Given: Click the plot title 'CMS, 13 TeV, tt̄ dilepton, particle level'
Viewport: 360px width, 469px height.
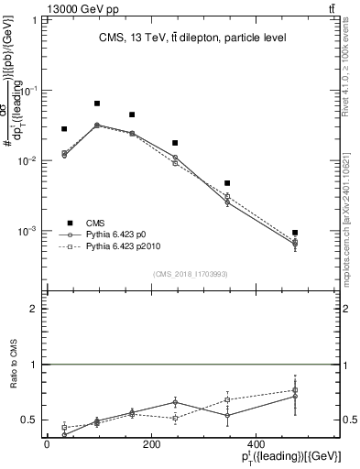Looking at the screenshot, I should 191,38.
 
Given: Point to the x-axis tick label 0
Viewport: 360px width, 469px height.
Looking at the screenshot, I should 47,444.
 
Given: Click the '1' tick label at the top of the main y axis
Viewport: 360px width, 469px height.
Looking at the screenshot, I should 34,20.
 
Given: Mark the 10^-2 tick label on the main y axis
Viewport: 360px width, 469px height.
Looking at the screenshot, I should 29,160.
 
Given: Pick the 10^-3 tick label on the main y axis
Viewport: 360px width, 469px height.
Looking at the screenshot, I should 29,231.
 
